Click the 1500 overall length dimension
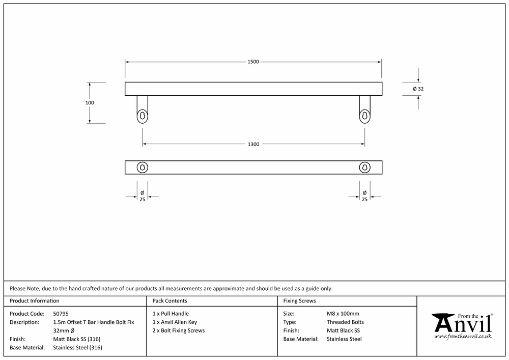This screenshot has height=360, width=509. tap(253, 62)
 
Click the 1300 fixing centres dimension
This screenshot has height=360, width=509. tap(253, 144)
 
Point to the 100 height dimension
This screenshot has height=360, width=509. tap(90, 102)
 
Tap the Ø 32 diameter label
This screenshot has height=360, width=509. tap(418, 89)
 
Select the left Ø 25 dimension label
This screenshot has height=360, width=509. tap(142, 196)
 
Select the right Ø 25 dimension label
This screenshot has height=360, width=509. tap(364, 196)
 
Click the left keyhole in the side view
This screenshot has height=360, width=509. tap(142, 116)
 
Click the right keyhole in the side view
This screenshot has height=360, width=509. tap(364, 116)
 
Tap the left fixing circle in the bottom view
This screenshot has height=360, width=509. tap(142, 162)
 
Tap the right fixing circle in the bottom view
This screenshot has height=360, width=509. tap(364, 162)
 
